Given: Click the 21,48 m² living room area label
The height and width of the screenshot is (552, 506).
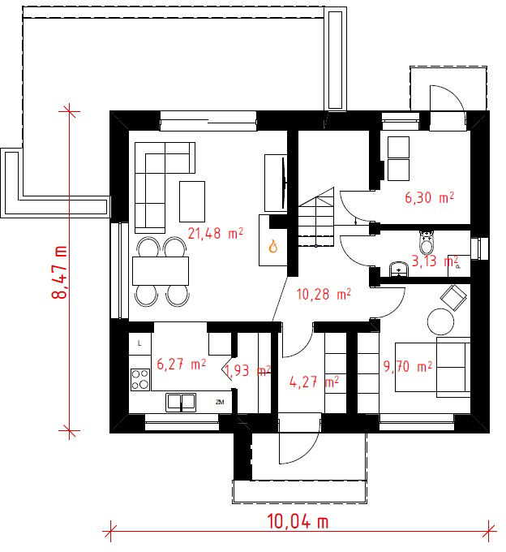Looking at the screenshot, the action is click(x=215, y=234).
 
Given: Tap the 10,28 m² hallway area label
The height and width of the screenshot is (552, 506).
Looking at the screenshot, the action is click(x=324, y=295).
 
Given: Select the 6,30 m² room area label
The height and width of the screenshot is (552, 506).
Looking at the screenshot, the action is click(x=429, y=197).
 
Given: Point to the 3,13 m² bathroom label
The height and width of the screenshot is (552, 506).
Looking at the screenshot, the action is click(x=435, y=261).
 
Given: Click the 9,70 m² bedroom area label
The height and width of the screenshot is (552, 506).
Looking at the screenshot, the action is click(x=407, y=367).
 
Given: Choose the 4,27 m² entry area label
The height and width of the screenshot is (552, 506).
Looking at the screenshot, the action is click(x=314, y=382).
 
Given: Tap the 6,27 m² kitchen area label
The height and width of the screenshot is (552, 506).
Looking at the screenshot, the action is click(x=181, y=364).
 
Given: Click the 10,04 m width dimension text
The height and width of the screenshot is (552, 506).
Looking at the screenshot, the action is click(x=298, y=522).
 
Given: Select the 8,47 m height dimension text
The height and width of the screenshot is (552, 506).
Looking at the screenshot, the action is click(x=60, y=272).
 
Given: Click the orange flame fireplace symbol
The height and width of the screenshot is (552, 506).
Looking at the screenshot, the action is click(x=273, y=246).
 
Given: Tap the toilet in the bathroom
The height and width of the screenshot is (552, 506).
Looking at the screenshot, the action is click(x=427, y=243).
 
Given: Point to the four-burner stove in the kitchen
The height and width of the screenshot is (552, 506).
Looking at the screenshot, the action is click(x=140, y=380).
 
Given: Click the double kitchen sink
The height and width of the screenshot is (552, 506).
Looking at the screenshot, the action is click(x=181, y=403).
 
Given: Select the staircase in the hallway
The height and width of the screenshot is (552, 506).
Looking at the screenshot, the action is click(x=316, y=217).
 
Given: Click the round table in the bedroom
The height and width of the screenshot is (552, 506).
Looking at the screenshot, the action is click(x=440, y=321).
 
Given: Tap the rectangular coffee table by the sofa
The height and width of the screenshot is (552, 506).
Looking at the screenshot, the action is click(x=192, y=201).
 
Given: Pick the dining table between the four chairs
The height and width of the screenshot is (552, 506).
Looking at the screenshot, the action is click(x=161, y=270).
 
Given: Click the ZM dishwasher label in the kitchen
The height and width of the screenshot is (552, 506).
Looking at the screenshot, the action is click(x=220, y=402).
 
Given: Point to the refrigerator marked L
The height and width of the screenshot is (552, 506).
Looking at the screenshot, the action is click(x=140, y=343).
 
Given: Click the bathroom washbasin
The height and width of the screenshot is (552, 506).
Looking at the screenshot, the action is click(x=399, y=270).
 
